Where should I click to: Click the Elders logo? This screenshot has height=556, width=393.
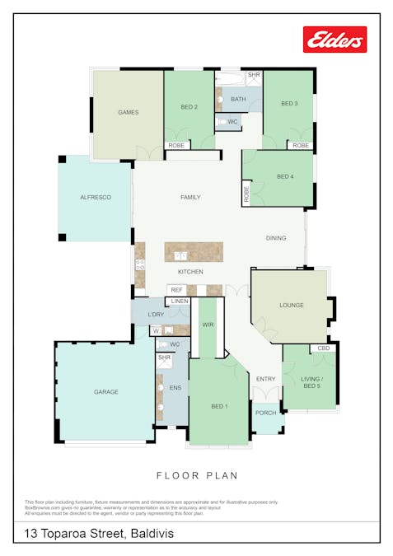pyautogui.click(x=335, y=39)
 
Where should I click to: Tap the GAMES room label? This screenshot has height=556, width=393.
pyautogui.click(x=128, y=112)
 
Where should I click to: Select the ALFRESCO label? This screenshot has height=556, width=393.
pyautogui.click(x=95, y=198)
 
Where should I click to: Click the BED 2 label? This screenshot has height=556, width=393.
pyautogui.click(x=189, y=106)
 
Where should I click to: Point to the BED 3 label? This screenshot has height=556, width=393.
pyautogui.click(x=288, y=104)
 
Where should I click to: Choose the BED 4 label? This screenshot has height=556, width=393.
pyautogui.click(x=285, y=176)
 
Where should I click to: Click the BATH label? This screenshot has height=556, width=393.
pyautogui.click(x=238, y=100)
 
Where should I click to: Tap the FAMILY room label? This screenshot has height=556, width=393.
pyautogui.click(x=190, y=198)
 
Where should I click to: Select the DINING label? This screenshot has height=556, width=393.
pyautogui.click(x=276, y=238)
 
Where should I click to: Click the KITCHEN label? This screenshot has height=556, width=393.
pyautogui.click(x=190, y=272)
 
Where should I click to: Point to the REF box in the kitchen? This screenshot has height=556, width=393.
pyautogui.click(x=175, y=290)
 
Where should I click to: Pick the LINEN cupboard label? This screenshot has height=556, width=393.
pyautogui.click(x=180, y=301)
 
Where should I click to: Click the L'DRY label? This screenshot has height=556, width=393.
pyautogui.click(x=155, y=315)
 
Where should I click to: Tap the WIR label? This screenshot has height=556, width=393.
pyautogui.click(x=208, y=325)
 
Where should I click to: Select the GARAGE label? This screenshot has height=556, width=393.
pyautogui.click(x=105, y=391)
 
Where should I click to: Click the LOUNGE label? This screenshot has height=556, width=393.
pyautogui.click(x=291, y=305)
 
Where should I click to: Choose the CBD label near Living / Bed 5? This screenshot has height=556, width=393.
pyautogui.click(x=324, y=349)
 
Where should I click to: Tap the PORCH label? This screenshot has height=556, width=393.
pyautogui.click(x=265, y=413)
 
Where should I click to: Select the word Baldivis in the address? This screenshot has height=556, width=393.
pyautogui.click(x=152, y=534)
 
